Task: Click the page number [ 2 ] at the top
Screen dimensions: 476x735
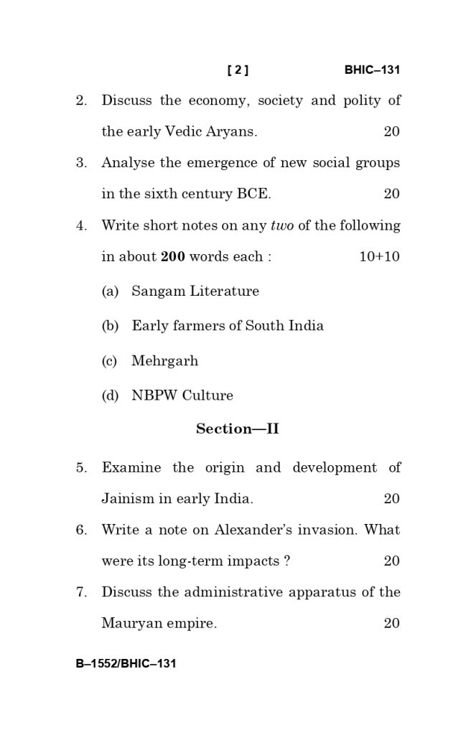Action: point(238,70)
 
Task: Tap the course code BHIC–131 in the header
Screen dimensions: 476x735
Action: point(371,70)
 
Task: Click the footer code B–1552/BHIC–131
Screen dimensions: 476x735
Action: point(126,664)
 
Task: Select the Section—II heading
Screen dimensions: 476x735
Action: point(238,429)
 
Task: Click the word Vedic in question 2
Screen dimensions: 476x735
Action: point(185,132)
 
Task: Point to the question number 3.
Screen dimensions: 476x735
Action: point(81,163)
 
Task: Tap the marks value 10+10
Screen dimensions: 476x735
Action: point(379,257)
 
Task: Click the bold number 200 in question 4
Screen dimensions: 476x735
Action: point(173,257)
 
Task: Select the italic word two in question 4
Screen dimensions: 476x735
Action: point(282,226)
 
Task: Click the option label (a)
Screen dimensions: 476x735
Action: point(110,291)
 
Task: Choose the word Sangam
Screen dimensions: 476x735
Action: point(158,291)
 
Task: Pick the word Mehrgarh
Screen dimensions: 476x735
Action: point(164,361)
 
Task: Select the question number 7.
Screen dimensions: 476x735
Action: point(81,593)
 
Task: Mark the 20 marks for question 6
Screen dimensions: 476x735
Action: point(391,561)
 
